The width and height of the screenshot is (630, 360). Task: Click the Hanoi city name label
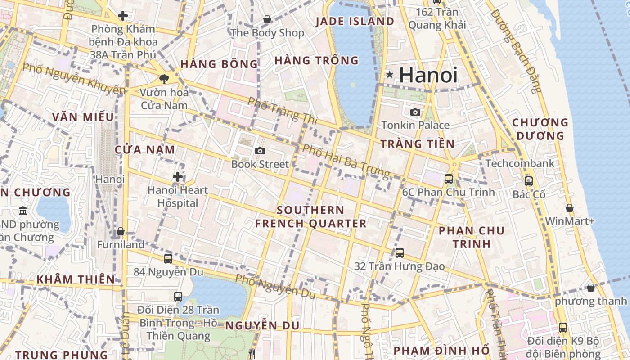coord(428,75)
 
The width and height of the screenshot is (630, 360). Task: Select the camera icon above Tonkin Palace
coord(415,112)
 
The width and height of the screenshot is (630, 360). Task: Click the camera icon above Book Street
coord(260,151)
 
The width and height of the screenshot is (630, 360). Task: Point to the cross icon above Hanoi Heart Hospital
coord(178,177)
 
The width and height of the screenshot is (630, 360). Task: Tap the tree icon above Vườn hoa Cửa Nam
coord(164,79)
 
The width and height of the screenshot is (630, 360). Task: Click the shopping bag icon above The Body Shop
coord(267,19)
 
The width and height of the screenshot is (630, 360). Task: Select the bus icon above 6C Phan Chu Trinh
coord(449,179)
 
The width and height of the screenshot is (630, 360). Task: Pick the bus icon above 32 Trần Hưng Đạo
coord(399,253)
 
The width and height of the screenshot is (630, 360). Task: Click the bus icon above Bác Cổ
coord(529,181)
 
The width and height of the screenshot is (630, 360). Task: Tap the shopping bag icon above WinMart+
coord(570,208)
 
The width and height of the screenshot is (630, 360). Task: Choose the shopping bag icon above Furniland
coord(121,232)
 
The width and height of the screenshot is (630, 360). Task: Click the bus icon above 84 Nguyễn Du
coord(168,259)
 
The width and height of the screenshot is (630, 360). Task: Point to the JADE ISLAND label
coord(355,21)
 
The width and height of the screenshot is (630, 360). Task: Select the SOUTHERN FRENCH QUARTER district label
coord(310,217)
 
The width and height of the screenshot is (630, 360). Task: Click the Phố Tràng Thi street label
coord(283,111)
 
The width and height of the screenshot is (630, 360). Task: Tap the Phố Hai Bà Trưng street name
coord(346,161)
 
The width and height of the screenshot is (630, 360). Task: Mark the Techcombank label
coord(520,163)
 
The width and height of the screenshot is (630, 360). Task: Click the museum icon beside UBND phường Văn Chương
coord(23,211)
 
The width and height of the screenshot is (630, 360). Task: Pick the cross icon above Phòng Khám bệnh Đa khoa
coord(122,16)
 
